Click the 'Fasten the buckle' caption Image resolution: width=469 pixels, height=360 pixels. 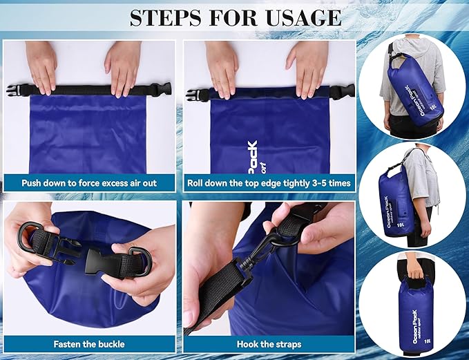click(x=90, y=343)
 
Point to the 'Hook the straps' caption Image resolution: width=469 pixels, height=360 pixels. click(x=269, y=343)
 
